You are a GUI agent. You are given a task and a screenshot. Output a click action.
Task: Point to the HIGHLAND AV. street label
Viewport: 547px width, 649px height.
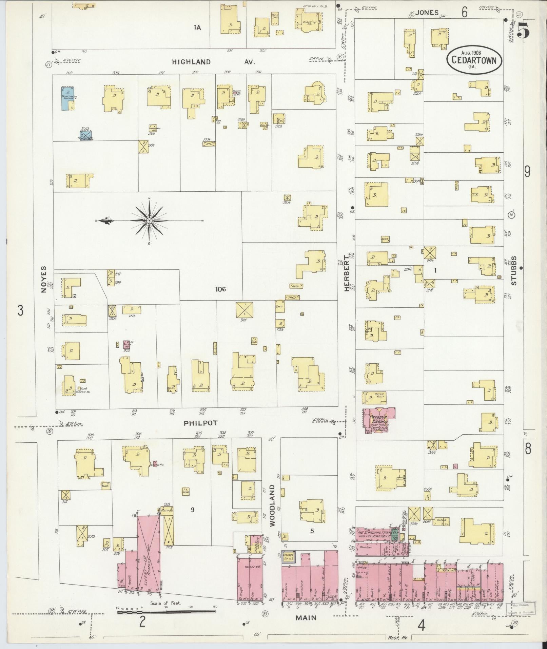[213, 62]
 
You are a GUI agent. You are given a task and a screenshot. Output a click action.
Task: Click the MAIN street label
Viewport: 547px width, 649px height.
[306, 618]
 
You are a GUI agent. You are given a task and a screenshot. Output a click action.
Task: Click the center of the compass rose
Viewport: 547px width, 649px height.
[149, 221]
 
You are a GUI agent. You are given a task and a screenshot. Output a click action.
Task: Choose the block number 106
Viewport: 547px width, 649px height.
[220, 289]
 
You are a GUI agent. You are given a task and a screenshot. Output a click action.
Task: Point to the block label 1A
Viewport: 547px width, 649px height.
[197, 28]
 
